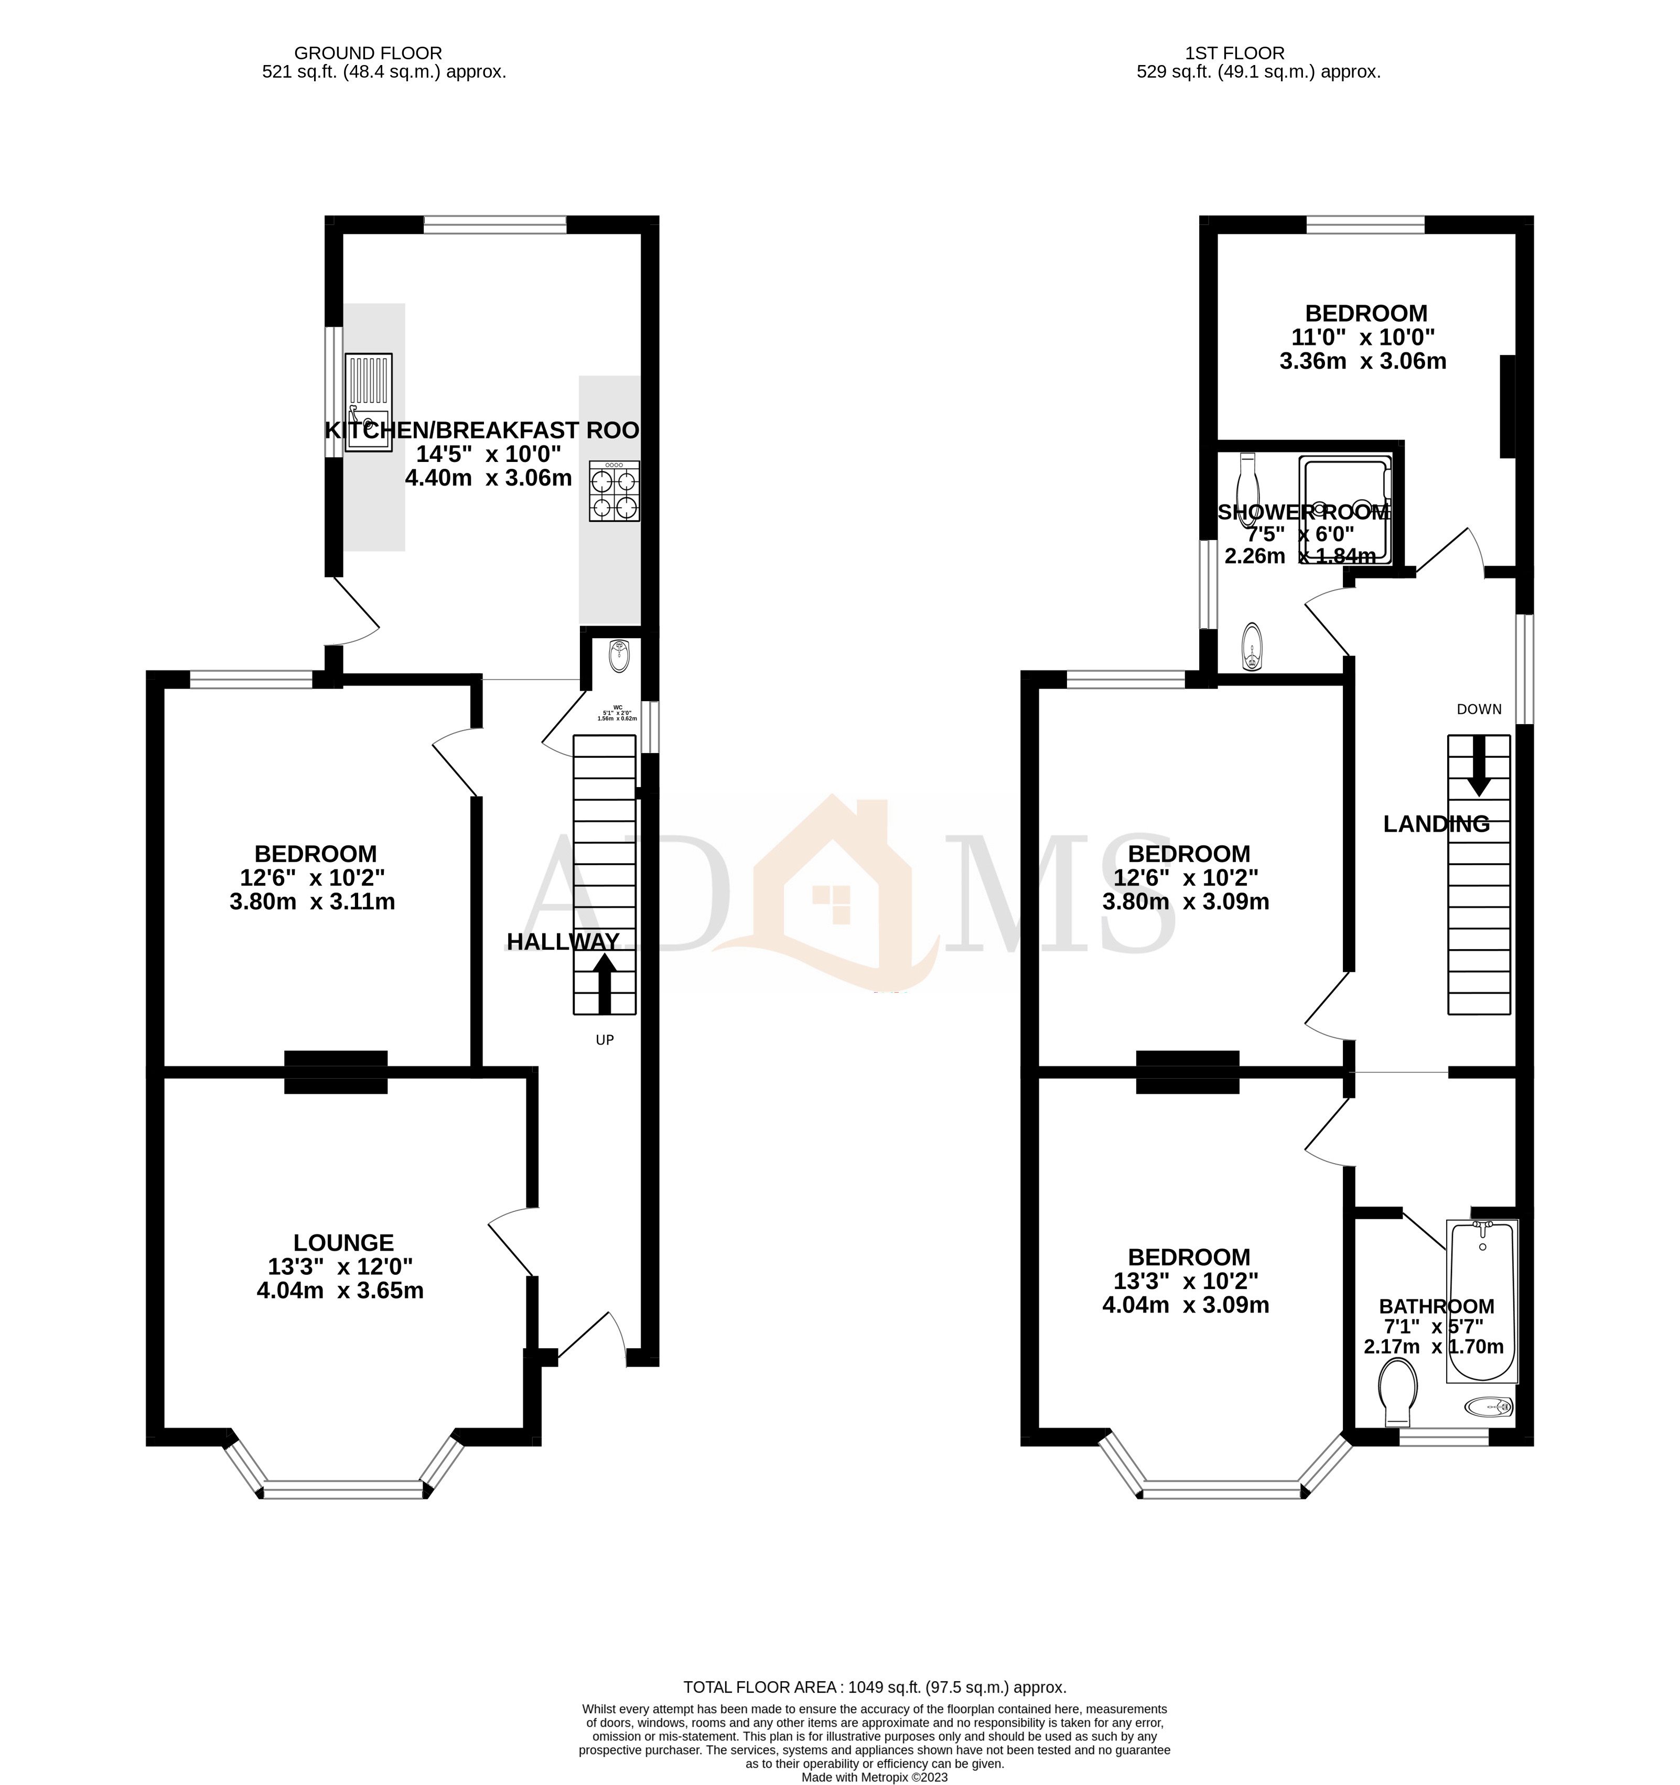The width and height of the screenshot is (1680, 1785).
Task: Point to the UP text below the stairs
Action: pos(604,1040)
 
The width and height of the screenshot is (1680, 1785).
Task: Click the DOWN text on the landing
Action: pos(1478,709)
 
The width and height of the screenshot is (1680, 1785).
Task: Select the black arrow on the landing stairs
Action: pos(1478,768)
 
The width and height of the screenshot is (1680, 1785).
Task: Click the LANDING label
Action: pos(1435,823)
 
